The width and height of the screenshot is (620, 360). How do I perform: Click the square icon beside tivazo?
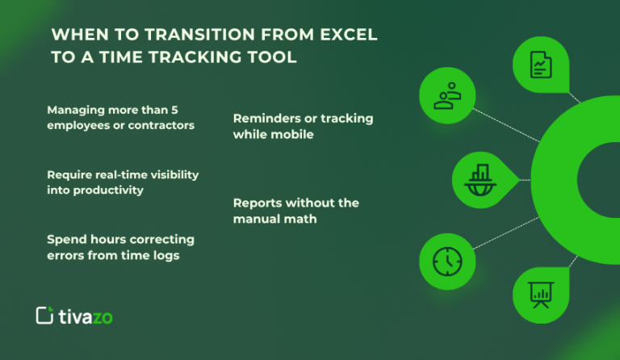[x=45, y=316]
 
